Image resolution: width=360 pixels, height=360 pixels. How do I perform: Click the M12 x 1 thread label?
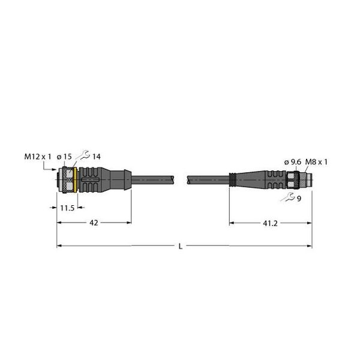(38, 157)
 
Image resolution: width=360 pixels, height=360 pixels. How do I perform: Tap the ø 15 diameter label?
(64, 157)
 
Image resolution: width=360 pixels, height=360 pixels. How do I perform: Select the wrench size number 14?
(97, 157)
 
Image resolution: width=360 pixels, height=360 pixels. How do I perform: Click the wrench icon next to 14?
(83, 155)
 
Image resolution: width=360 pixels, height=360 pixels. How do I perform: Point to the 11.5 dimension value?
(67, 208)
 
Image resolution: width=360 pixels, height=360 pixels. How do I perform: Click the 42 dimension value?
(94, 223)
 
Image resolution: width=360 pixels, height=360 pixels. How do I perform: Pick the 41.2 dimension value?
(270, 223)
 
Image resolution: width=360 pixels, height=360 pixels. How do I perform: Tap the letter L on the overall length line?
(181, 247)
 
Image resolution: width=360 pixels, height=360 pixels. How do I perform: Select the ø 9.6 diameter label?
(293, 163)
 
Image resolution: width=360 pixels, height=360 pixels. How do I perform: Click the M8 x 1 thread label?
(316, 163)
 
